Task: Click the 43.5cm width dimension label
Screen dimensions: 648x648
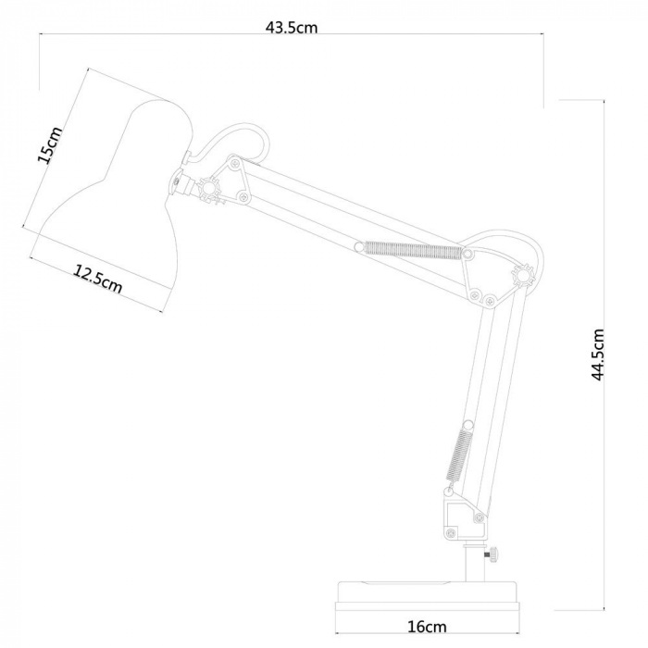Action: pyautogui.click(x=292, y=27)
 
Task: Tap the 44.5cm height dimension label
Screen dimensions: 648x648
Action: pyautogui.click(x=599, y=355)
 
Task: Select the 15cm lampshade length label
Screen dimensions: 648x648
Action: pyautogui.click(x=50, y=144)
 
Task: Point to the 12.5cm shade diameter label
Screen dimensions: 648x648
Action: pyautogui.click(x=97, y=278)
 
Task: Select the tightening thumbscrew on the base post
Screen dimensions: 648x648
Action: pyautogui.click(x=488, y=554)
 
